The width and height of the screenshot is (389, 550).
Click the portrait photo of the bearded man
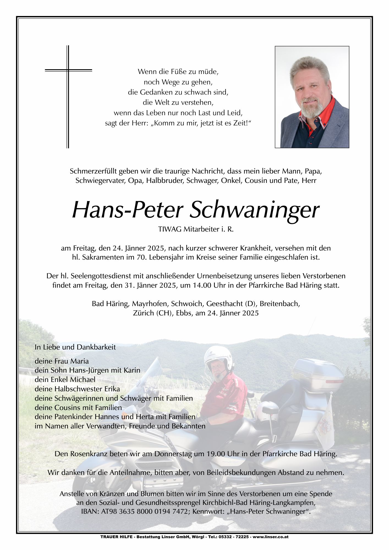(312, 97)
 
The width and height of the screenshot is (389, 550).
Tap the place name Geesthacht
(224, 304)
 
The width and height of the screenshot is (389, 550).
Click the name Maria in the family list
(80, 361)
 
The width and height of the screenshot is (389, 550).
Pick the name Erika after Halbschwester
(112, 389)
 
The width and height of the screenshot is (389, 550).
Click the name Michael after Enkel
(82, 380)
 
